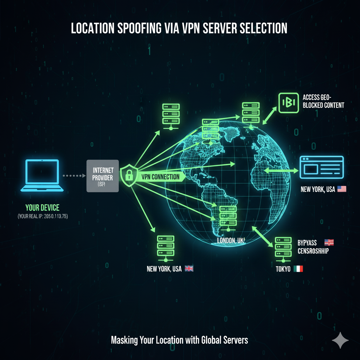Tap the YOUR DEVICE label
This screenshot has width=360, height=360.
(x=42, y=208)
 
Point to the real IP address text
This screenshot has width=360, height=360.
(x=43, y=217)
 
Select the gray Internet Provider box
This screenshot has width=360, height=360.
(x=103, y=176)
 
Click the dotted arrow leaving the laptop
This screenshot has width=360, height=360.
(x=73, y=175)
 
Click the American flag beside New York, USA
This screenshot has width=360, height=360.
(x=342, y=189)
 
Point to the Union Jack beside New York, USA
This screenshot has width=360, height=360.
(x=189, y=269)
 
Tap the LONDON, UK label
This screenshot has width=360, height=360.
(x=231, y=240)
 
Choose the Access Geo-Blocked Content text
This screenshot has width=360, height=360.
(x=323, y=100)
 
